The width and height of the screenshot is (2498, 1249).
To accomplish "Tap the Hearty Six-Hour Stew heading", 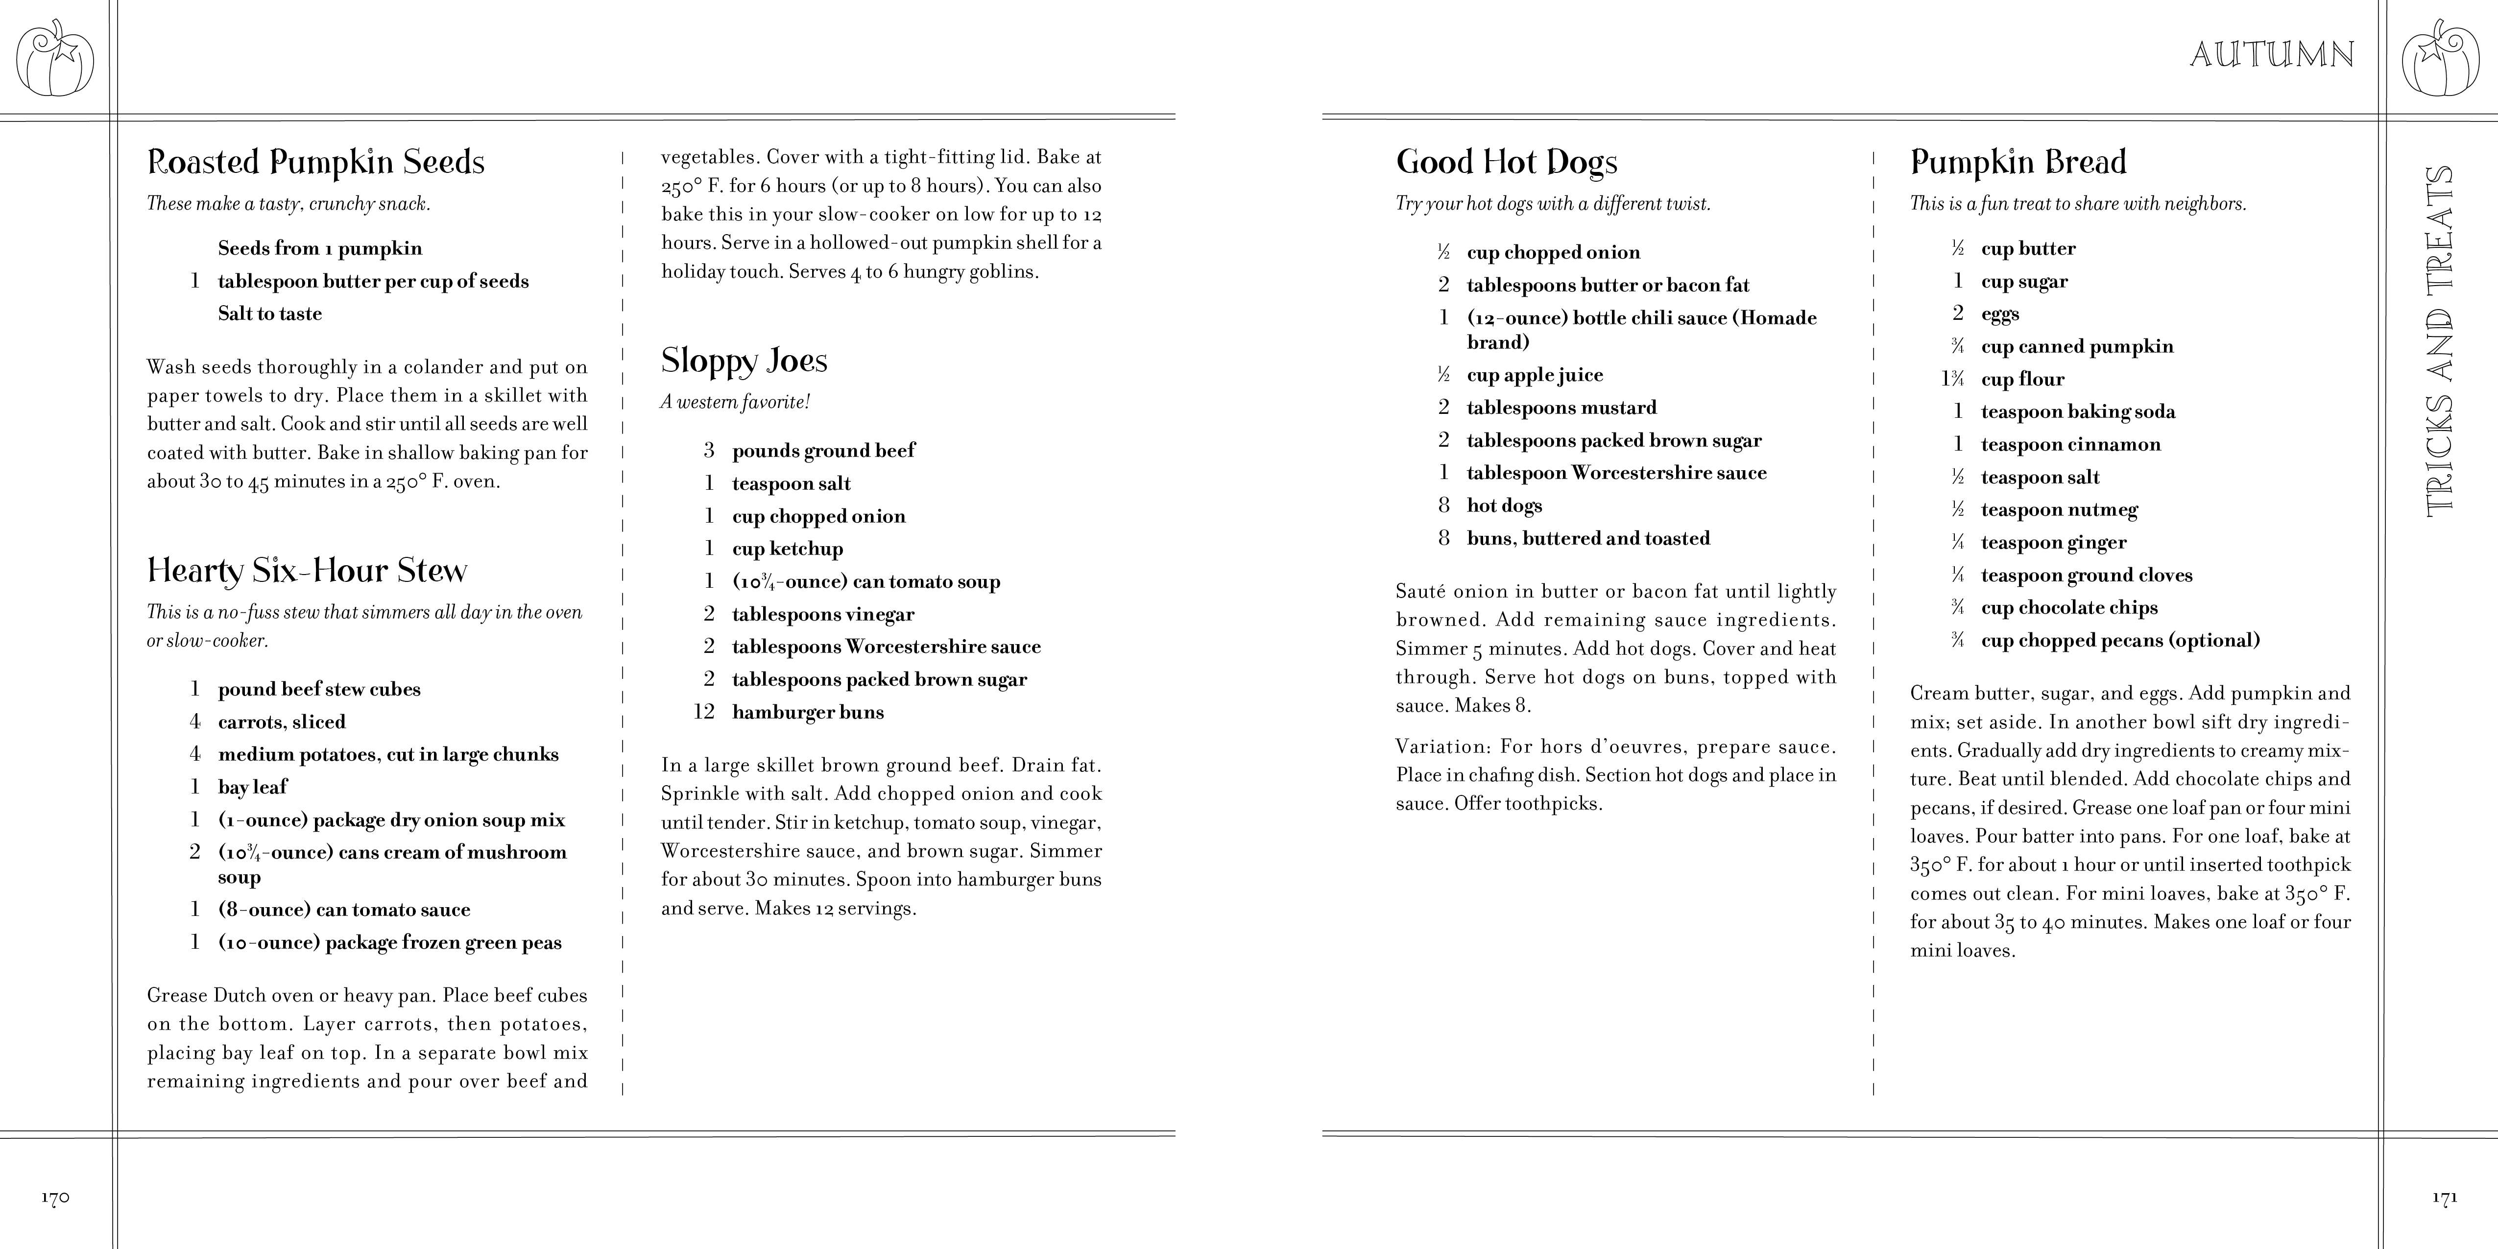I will point(307,570).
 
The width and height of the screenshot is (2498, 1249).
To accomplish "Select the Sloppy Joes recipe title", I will point(744,360).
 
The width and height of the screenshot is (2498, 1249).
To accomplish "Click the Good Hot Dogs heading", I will point(1506,162).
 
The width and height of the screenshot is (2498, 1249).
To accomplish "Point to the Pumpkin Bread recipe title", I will point(2018,162).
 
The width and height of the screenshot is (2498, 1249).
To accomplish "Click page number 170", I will point(55,1198).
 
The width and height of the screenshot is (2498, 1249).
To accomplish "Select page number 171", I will point(2444,1198).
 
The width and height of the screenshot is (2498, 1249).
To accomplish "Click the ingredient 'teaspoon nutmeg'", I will point(2059,510).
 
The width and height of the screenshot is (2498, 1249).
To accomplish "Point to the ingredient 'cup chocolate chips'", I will point(2069,608).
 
